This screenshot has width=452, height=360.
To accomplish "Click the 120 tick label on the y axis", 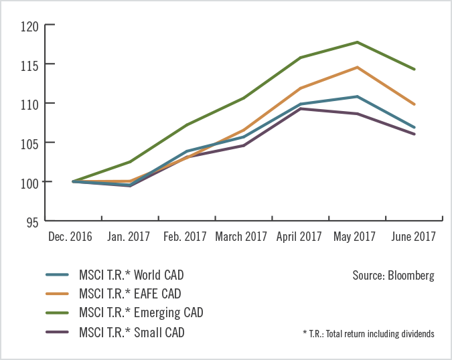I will (x=30, y=27).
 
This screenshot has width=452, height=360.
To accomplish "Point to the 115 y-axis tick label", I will (x=30, y=65).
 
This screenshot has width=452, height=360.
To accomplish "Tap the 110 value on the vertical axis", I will (x=30, y=104).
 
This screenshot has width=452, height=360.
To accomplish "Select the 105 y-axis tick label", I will (x=30, y=143).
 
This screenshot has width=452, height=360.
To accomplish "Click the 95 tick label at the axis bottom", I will (x=32, y=221).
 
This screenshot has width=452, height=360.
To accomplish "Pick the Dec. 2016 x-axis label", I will (x=70, y=236).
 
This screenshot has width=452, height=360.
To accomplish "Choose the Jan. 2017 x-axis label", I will (x=127, y=236).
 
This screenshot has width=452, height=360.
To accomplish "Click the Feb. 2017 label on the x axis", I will (x=184, y=236).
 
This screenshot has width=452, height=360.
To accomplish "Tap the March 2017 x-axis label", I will (x=241, y=236).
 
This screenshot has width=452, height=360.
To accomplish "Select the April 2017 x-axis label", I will (x=299, y=236).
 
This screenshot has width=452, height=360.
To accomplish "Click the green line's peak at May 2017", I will (x=358, y=42).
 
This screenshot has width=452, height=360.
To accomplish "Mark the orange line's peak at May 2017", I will (x=358, y=67).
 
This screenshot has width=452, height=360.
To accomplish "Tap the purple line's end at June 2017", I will (x=415, y=134).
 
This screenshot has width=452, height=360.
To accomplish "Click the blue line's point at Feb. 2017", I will (x=185, y=152).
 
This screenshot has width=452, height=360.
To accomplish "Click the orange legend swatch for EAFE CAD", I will (x=57, y=294).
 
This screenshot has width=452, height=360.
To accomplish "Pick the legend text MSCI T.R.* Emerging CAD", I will (x=140, y=312).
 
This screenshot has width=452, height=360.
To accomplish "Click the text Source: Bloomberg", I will (x=393, y=275).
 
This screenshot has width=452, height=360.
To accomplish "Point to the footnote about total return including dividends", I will (x=368, y=333).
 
